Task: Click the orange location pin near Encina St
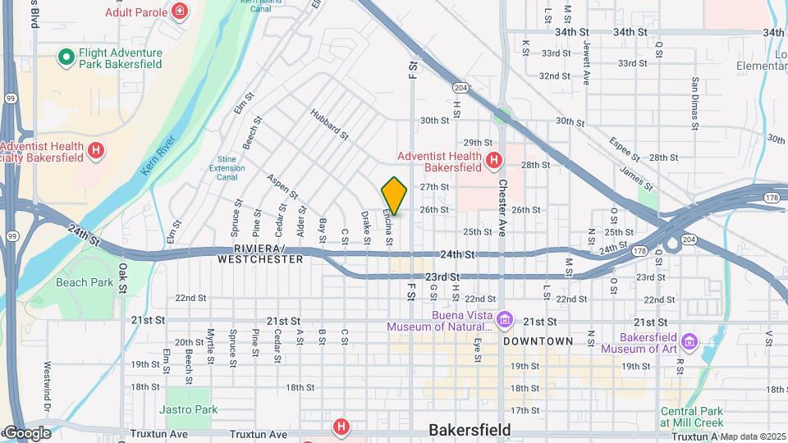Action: click(395, 196)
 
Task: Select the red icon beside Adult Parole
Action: click(179, 11)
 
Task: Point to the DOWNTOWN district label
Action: click(538, 340)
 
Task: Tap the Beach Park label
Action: click(84, 282)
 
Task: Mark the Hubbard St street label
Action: click(330, 124)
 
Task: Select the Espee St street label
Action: click(625, 149)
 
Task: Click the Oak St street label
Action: click(122, 277)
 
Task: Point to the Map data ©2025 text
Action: click(754, 436)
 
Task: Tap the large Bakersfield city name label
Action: click(470, 430)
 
